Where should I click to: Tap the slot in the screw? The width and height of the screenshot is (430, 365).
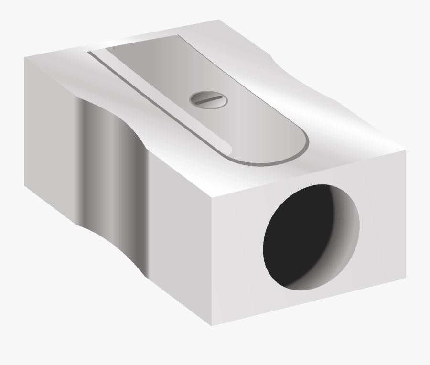tap(208, 99)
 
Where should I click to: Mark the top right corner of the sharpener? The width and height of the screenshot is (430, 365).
tap(406, 151)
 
